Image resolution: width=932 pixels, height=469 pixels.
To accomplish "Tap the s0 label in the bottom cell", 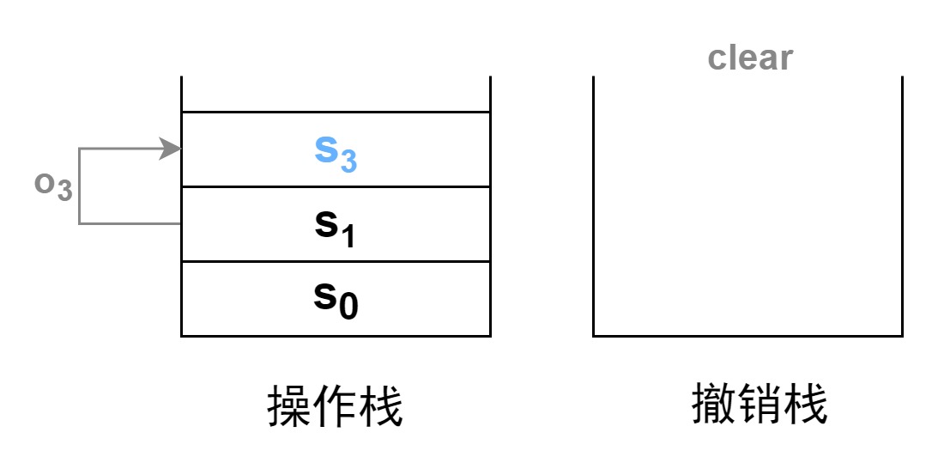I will [x=336, y=300].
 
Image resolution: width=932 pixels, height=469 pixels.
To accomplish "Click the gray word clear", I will [x=750, y=58].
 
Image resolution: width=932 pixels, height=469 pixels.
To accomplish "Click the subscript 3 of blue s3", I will [x=348, y=161].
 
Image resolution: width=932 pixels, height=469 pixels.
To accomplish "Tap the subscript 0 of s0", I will [x=348, y=308].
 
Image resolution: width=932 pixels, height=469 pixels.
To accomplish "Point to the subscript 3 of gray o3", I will [x=64, y=192].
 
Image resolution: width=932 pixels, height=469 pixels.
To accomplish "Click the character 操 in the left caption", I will [x=289, y=406].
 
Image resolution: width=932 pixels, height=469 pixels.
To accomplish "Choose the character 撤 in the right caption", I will [x=714, y=405].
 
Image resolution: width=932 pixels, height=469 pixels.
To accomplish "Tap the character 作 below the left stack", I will [x=335, y=406].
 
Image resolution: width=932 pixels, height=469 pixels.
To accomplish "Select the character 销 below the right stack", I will [x=760, y=405].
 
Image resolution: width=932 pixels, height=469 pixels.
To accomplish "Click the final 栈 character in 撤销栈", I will [x=804, y=405].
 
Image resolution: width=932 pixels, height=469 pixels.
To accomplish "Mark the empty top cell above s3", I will [x=336, y=94].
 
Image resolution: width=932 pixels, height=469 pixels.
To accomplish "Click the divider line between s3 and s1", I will [x=336, y=186].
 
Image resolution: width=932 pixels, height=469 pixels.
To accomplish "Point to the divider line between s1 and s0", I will [x=336, y=261].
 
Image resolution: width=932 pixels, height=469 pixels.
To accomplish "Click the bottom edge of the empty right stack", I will [x=747, y=336].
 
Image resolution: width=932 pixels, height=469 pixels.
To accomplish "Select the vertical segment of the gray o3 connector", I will [x=79, y=186].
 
